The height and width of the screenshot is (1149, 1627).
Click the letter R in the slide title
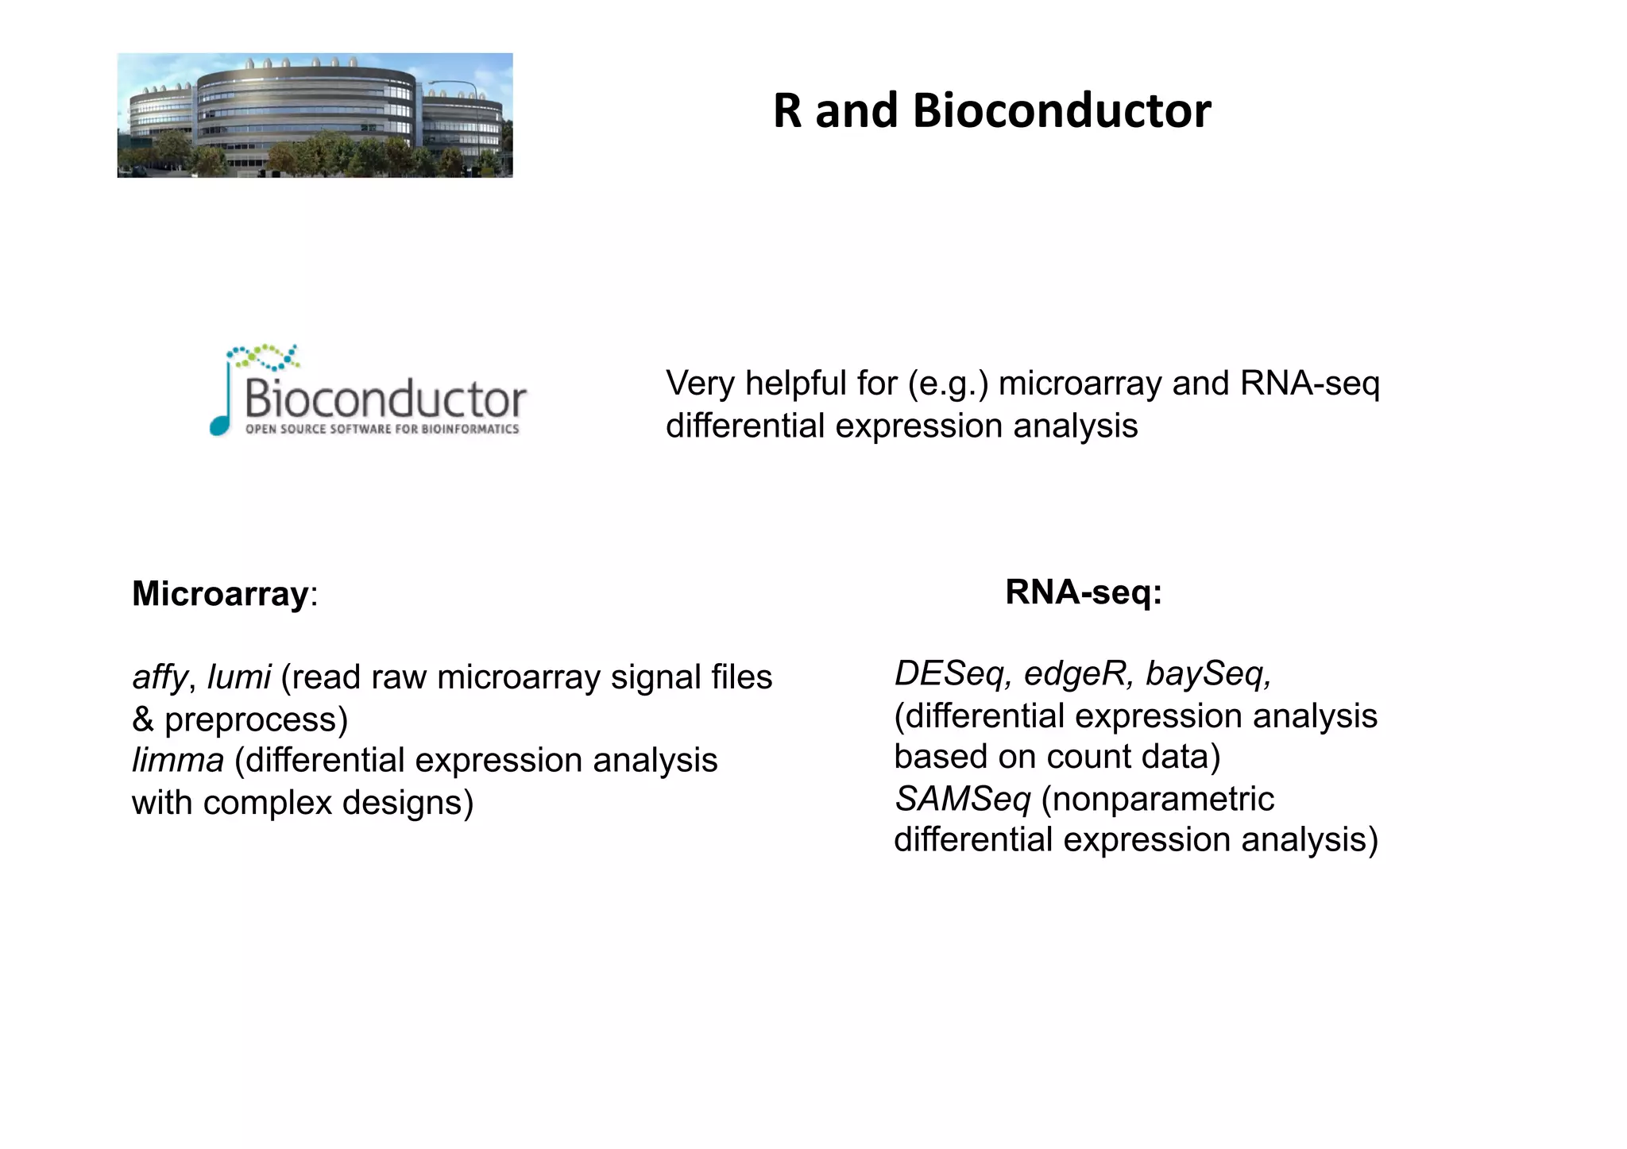[x=787, y=110]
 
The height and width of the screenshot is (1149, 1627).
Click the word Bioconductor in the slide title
[x=1061, y=110]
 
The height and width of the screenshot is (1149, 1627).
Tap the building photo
[x=315, y=115]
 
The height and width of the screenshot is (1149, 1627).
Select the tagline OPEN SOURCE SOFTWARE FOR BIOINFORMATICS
[x=382, y=430]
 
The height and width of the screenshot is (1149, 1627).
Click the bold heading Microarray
[x=220, y=594]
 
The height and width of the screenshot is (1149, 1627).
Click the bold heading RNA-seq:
[x=1084, y=592]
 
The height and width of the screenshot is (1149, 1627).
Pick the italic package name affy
[x=160, y=677]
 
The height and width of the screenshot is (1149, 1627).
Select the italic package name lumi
[x=239, y=677]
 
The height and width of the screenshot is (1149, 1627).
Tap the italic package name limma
[x=178, y=761]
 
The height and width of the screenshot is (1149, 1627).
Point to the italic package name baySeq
[x=1207, y=674]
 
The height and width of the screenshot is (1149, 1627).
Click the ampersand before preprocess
[x=143, y=720]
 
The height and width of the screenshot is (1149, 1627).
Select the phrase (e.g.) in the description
[x=949, y=384]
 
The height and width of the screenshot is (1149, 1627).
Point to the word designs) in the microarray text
[x=408, y=803]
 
